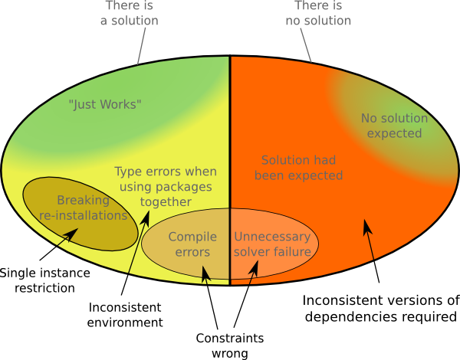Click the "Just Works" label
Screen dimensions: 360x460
[105, 103]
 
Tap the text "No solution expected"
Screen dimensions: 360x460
[395, 126]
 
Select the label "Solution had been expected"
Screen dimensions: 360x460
[301, 168]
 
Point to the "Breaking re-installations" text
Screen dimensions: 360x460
[83, 208]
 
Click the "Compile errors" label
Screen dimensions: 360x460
[192, 244]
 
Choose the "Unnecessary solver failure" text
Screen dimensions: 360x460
[272, 244]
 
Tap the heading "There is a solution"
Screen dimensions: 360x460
[130, 13]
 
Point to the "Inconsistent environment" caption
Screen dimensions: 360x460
[125, 315]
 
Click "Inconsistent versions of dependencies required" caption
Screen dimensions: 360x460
[379, 308]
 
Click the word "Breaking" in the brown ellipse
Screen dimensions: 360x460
[83, 201]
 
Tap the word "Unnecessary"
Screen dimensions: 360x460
[272, 237]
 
